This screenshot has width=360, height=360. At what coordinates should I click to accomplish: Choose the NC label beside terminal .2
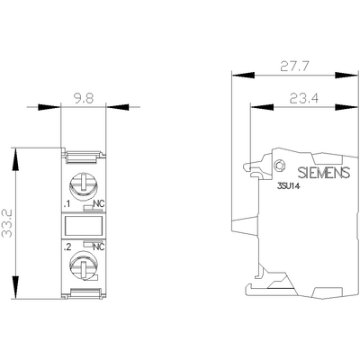click(98, 246)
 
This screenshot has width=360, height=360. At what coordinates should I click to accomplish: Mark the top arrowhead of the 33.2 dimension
click(18, 151)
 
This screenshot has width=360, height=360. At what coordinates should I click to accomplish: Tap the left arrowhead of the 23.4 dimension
click(248, 107)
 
